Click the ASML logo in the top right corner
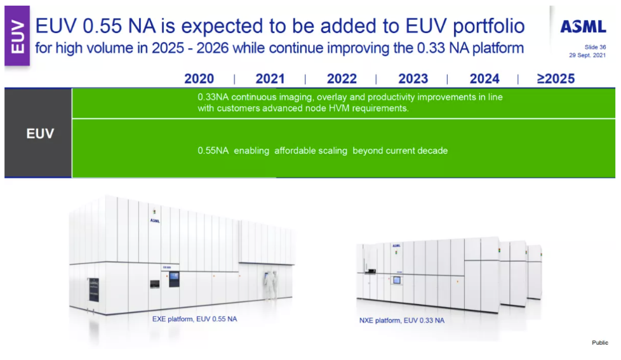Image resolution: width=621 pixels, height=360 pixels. [583, 27]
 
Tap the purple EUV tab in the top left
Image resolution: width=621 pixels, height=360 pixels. [17, 36]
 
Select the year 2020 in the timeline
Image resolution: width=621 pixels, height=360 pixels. [199, 79]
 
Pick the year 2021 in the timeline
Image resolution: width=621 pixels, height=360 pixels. [270, 79]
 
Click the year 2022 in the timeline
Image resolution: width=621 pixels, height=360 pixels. [342, 79]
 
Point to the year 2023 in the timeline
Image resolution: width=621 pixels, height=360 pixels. [413, 79]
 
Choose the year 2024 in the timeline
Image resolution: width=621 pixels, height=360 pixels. [484, 79]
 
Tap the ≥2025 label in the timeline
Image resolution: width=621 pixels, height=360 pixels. [556, 79]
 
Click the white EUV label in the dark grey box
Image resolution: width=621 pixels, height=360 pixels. [40, 133]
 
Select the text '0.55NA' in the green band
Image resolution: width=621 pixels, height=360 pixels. [213, 150]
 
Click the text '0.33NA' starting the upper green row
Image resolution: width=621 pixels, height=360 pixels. [213, 97]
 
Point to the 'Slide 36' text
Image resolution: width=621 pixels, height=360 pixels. [595, 47]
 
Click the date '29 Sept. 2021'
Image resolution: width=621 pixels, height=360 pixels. [587, 55]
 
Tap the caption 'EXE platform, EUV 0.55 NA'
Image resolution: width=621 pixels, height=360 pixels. [194, 319]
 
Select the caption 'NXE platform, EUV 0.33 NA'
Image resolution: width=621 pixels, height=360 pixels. [401, 321]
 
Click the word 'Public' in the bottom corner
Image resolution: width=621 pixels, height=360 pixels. [600, 343]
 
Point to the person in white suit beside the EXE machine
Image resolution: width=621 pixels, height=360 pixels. [270, 285]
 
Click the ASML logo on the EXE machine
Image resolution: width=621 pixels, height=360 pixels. [155, 220]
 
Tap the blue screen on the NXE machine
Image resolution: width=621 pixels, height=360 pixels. [396, 281]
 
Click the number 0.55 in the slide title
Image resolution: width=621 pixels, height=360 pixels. [102, 26]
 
